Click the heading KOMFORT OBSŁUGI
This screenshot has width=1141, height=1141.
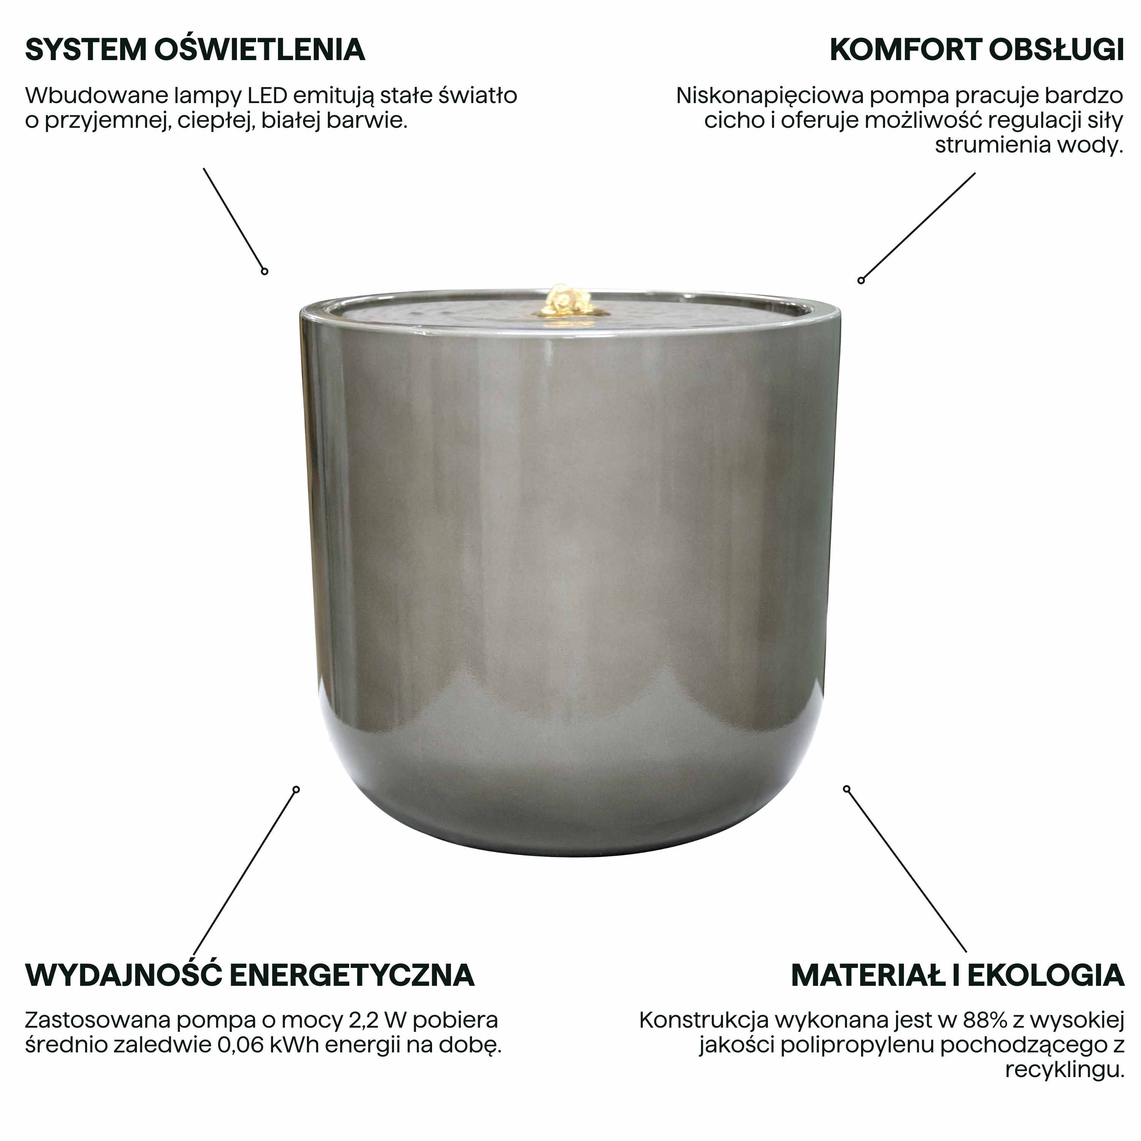[976, 49]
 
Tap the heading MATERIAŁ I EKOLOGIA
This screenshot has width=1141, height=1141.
[957, 975]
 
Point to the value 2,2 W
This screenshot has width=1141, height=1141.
[402, 1020]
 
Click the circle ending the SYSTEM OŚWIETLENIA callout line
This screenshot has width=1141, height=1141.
[265, 271]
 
